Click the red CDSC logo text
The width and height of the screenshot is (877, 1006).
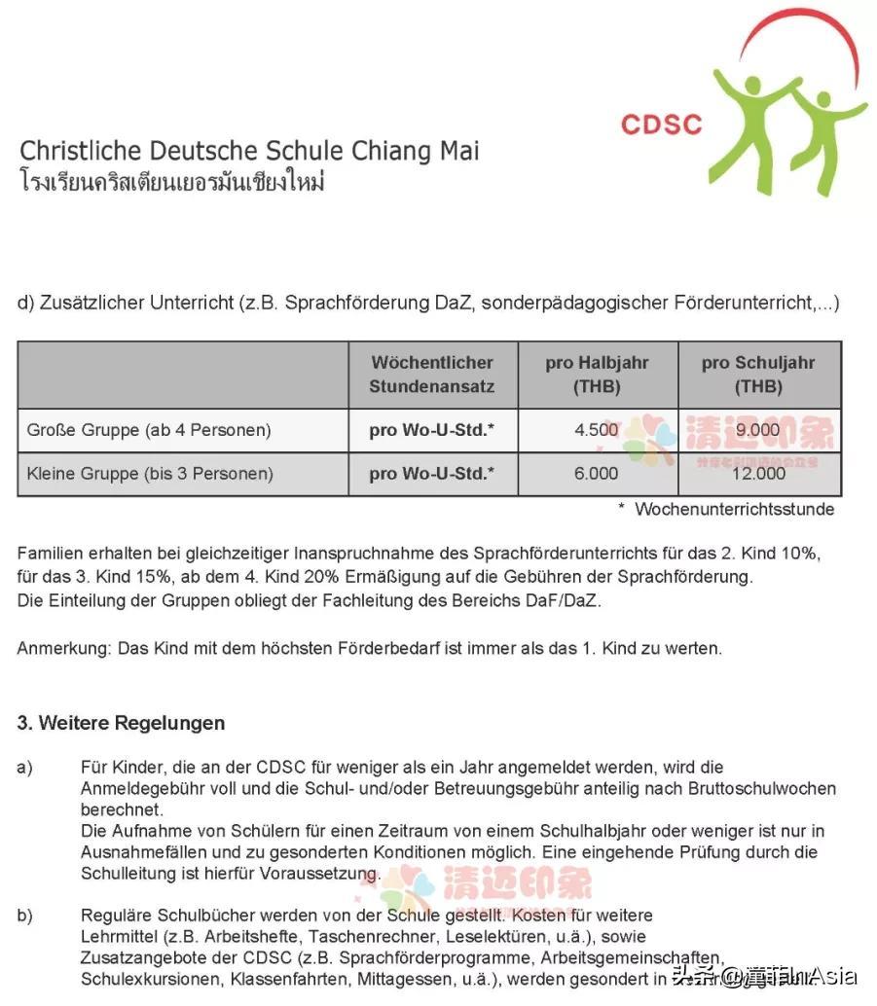tap(661, 124)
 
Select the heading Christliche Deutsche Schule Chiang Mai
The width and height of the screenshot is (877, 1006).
tap(249, 151)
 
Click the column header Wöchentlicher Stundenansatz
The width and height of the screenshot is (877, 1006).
tap(431, 374)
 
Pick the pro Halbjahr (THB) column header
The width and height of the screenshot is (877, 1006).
tap(597, 374)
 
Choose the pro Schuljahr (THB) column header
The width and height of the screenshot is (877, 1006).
tap(758, 374)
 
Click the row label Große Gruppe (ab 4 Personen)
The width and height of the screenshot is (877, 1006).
tap(149, 429)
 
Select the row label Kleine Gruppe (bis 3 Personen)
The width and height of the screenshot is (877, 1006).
tap(150, 474)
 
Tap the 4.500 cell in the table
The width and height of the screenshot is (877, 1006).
tap(597, 429)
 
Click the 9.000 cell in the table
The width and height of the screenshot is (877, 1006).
tap(758, 429)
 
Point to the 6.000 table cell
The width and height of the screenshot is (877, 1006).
tap(597, 474)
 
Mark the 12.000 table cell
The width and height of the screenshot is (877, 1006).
tap(758, 474)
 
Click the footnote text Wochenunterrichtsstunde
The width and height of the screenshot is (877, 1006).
tap(734, 509)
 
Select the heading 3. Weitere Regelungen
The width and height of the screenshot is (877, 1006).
tap(121, 723)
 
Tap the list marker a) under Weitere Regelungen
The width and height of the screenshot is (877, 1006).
tap(25, 768)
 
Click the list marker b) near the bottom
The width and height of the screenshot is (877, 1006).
tap(25, 916)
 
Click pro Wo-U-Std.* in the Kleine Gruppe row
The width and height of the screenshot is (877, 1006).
tap(431, 474)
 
